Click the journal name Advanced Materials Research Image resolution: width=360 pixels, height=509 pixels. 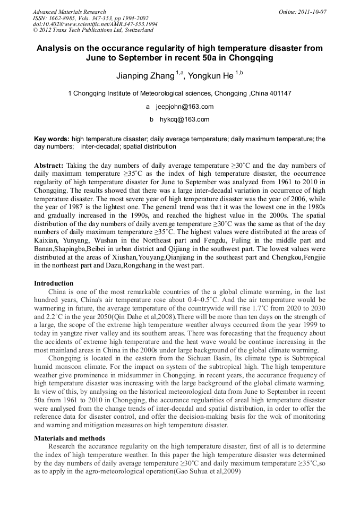[69, 12]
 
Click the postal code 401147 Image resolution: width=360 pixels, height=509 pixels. [279, 93]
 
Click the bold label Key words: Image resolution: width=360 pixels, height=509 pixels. [52, 139]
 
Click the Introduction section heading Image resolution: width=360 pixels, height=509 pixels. [54, 283]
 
